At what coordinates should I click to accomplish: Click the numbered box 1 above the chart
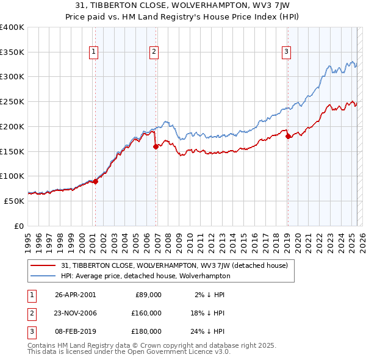94,52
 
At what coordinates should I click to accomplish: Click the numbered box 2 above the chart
154,52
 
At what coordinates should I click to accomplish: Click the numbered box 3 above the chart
286,52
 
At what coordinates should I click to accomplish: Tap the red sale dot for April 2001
95,181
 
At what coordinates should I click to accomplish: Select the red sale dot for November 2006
156,146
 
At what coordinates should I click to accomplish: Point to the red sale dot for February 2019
288,136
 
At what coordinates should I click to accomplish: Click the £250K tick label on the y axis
12,101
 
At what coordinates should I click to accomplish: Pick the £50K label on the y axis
14,201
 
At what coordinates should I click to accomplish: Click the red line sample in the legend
43,265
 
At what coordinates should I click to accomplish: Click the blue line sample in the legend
43,276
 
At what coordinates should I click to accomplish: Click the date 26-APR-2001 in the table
75,295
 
